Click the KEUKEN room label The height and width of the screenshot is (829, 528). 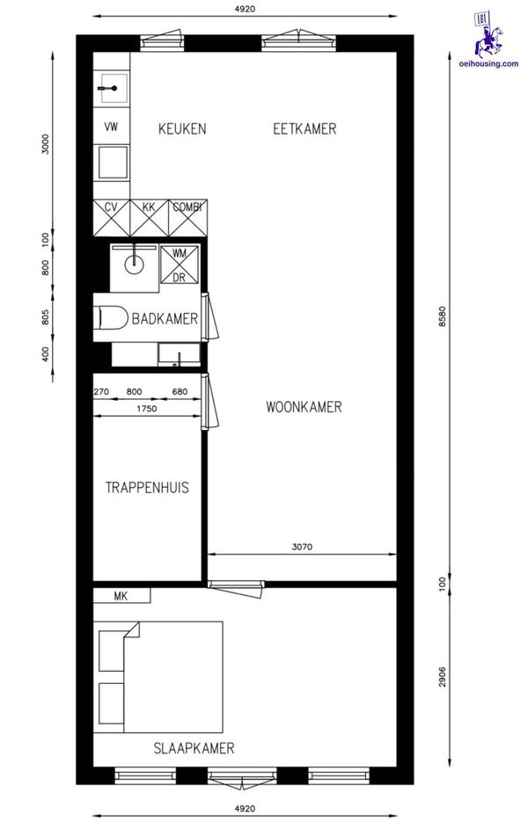click(x=182, y=128)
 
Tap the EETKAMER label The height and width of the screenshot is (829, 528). click(x=304, y=128)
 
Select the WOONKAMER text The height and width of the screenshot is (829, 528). click(x=304, y=407)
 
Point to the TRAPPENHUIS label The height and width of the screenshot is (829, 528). click(x=147, y=487)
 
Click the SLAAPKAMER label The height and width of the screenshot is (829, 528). click(x=194, y=748)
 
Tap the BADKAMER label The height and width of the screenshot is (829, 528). click(x=165, y=319)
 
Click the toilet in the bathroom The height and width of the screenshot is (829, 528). click(x=111, y=317)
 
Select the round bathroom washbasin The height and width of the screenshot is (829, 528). click(x=134, y=260)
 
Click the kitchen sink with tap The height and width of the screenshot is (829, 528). click(x=112, y=88)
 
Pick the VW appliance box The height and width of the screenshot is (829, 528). click(x=111, y=127)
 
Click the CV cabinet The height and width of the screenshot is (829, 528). click(x=111, y=218)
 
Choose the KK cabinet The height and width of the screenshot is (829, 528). click(x=149, y=218)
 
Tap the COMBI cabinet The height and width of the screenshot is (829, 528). click(x=187, y=218)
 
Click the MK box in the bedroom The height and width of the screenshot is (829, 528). click(x=121, y=596)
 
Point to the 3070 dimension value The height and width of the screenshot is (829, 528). click(x=302, y=547)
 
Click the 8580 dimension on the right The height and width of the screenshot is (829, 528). click(x=443, y=316)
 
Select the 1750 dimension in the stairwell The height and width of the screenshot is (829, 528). click(x=146, y=408)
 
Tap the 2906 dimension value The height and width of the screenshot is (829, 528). click(x=443, y=676)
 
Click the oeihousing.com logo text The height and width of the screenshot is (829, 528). click(x=489, y=64)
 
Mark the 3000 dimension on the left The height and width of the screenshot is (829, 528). click(x=45, y=144)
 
